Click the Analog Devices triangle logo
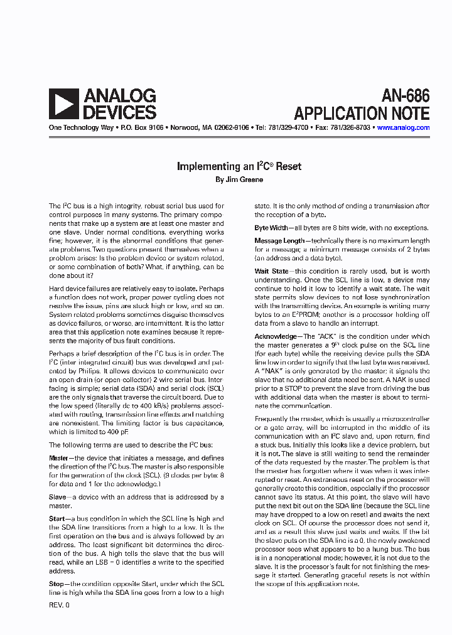pyautogui.click(x=63, y=104)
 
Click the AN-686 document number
pyautogui.click(x=406, y=96)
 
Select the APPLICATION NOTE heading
pyautogui.click(x=362, y=114)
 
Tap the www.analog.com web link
pyautogui.click(x=403, y=127)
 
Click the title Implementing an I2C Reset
pyautogui.click(x=239, y=166)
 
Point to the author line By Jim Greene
pyautogui.click(x=239, y=179)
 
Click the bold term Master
pyautogui.click(x=62, y=458)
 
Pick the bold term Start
pyautogui.click(x=58, y=519)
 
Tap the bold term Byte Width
pyautogui.click(x=271, y=228)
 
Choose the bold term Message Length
pyautogui.click(x=279, y=240)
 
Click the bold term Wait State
pyautogui.click(x=272, y=271)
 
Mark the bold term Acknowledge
pyautogui.click(x=275, y=336)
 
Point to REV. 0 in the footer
pyautogui.click(x=60, y=606)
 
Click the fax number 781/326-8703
pyautogui.click(x=349, y=127)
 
